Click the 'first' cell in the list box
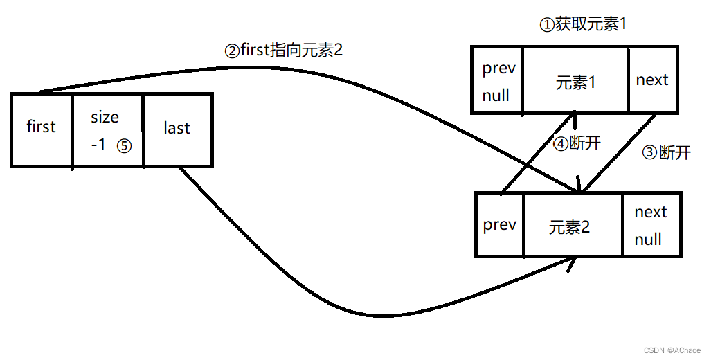42,128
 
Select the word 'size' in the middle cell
105,117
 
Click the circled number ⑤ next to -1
124,147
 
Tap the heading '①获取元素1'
583,25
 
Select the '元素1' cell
575,82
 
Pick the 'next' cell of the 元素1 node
652,80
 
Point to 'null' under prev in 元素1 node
496,96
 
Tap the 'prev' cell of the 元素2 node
499,225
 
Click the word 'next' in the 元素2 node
651,212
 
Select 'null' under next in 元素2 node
648,240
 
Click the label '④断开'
577,143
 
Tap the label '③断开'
667,152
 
